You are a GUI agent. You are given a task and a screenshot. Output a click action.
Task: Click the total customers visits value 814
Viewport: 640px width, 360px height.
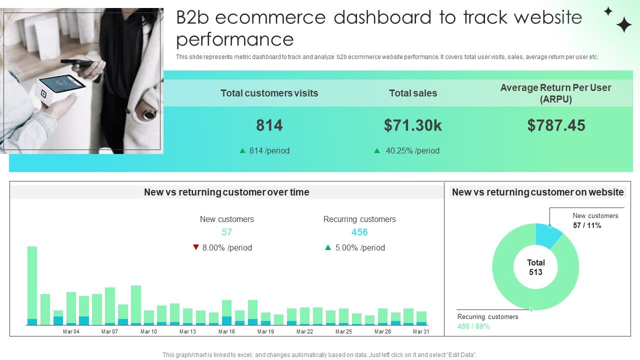269,125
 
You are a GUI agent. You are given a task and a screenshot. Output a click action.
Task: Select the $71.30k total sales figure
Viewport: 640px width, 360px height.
413,125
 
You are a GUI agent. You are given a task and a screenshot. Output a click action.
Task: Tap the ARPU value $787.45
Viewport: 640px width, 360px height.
556,125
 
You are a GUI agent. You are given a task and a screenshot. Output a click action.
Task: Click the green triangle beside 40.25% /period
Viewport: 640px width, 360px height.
377,150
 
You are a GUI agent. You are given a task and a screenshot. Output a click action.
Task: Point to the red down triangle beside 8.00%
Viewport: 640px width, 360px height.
196,247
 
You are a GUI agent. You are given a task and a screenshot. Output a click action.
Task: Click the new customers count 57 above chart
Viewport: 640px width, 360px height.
227,232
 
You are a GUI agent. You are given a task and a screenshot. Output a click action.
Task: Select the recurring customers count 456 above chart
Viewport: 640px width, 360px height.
359,232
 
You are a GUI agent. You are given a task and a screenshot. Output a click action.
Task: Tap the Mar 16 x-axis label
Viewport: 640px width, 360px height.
226,331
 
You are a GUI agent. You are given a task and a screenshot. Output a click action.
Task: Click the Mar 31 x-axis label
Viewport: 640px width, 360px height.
421,331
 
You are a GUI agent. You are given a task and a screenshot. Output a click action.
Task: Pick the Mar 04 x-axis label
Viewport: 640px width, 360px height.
71,331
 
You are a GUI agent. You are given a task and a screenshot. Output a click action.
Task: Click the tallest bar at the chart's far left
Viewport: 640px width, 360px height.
32,282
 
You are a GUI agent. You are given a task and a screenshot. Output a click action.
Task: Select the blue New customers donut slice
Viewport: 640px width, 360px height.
546,235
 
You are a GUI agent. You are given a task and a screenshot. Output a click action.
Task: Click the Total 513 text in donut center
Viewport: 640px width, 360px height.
535,267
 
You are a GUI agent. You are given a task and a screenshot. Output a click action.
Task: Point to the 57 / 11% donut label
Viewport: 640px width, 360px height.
587,225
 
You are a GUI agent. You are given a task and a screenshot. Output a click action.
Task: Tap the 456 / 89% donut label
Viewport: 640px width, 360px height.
473,326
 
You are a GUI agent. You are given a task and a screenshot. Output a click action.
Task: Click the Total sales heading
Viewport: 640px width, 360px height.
413,93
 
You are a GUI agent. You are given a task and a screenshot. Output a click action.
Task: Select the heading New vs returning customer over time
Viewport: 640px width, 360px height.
226,192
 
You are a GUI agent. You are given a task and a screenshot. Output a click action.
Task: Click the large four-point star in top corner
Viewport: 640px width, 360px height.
623,24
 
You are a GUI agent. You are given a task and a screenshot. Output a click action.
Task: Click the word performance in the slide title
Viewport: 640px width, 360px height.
235,39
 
